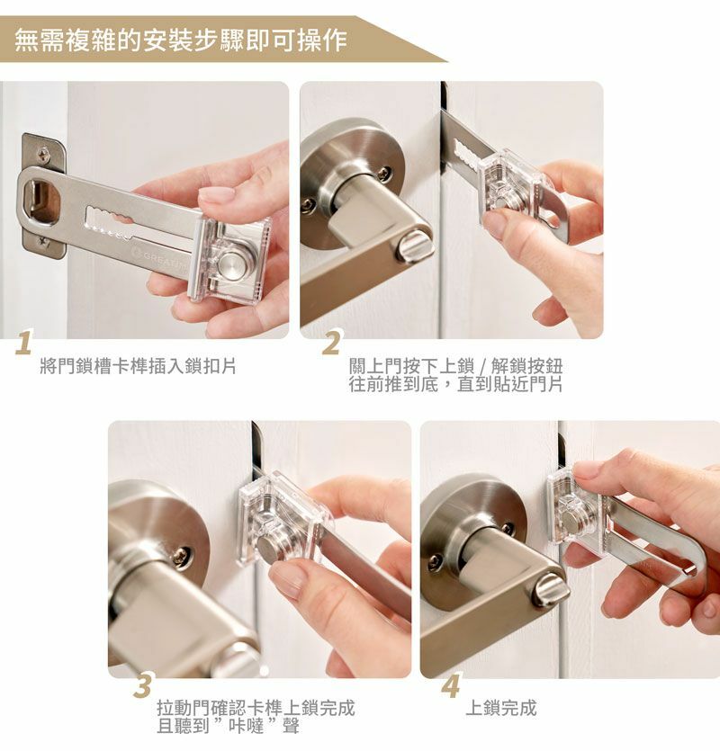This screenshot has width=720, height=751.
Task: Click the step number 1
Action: click(x=23, y=343)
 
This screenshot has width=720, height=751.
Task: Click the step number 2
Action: click(x=332, y=343)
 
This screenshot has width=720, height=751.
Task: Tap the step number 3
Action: click(x=143, y=685)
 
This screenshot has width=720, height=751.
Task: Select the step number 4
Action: click(x=451, y=685)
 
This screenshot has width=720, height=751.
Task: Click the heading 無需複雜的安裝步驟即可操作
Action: click(x=181, y=40)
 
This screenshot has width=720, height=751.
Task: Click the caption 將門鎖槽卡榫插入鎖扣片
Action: click(x=138, y=366)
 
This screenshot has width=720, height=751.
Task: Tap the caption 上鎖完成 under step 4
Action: click(x=501, y=708)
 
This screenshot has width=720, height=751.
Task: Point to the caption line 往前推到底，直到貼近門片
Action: click(x=455, y=384)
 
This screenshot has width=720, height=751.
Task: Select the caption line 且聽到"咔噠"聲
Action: click(x=229, y=726)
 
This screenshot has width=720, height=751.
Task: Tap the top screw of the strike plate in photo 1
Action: click(x=43, y=154)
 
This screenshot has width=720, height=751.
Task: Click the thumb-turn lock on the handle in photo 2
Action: click(x=415, y=249)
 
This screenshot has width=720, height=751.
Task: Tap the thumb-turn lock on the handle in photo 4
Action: click(x=550, y=590)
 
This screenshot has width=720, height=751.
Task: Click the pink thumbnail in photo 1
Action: click(x=217, y=195)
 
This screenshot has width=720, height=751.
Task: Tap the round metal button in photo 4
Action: click(x=571, y=519)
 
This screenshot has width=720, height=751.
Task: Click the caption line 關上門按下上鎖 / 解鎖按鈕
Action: click(x=455, y=366)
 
